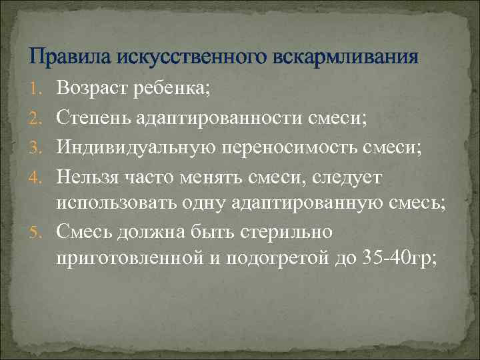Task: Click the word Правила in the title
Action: click(71, 57)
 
